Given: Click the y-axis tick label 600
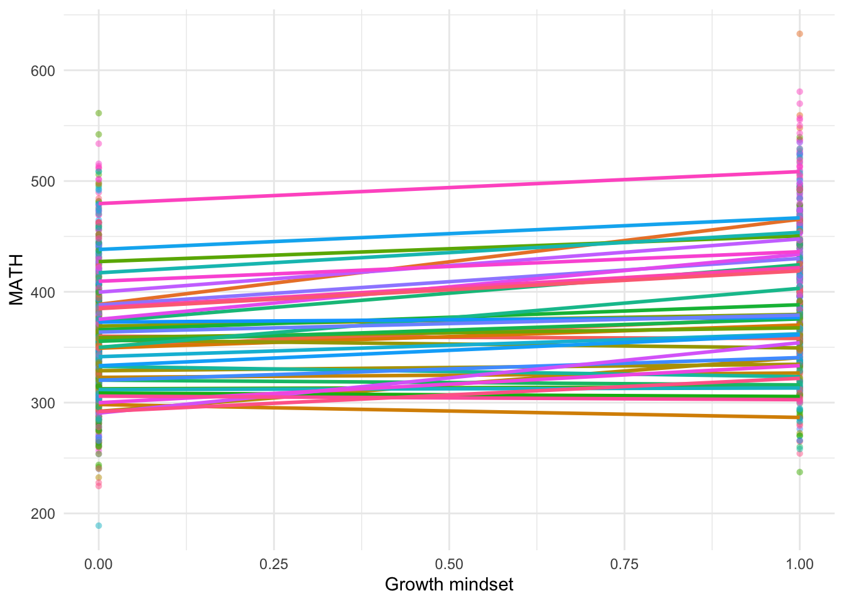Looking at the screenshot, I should click(43, 71).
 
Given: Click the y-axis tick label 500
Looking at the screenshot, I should click(43, 182).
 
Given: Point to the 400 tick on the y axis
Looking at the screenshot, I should click(43, 292).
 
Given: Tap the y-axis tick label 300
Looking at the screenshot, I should click(43, 403).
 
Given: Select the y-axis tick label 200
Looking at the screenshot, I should click(43, 514).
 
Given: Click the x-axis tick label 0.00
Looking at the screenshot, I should click(99, 564).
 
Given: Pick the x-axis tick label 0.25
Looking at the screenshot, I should click(274, 564).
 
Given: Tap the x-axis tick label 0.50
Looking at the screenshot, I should click(449, 564).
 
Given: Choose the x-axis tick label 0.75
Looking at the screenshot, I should click(624, 564).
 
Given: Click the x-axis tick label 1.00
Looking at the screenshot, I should click(799, 564).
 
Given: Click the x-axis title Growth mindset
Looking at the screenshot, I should click(449, 585).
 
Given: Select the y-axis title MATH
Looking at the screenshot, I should click(16, 280).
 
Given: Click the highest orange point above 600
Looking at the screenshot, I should click(799, 34).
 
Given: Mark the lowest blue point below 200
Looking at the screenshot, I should click(99, 526).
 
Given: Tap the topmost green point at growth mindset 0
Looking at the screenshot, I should click(99, 113).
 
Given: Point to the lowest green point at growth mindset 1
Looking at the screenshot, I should click(799, 472).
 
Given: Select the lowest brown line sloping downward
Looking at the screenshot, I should click(449, 411).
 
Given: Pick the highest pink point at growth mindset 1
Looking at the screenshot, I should click(799, 92).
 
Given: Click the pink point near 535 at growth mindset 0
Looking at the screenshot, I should click(99, 144).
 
